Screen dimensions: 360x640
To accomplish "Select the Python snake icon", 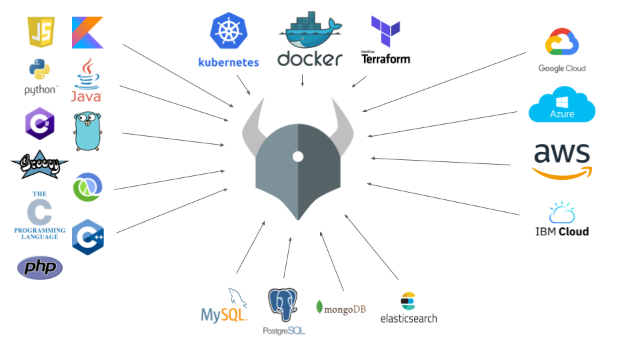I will coord(40,70).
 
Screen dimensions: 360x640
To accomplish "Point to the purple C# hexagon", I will coord(39,123).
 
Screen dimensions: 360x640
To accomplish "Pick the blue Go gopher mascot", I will coord(87,131).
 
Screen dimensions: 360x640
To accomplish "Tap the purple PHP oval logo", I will coord(40,267).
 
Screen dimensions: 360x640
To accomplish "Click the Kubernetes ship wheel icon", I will coord(229,33).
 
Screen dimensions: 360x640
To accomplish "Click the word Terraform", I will coord(385,59).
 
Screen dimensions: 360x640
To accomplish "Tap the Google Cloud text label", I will coord(562,69).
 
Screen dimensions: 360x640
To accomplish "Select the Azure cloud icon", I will coord(561,105).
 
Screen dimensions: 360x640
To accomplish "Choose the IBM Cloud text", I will coord(562,232).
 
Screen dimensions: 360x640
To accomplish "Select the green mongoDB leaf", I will coord(320,308).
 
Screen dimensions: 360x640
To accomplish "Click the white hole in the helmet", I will coord(297,157).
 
